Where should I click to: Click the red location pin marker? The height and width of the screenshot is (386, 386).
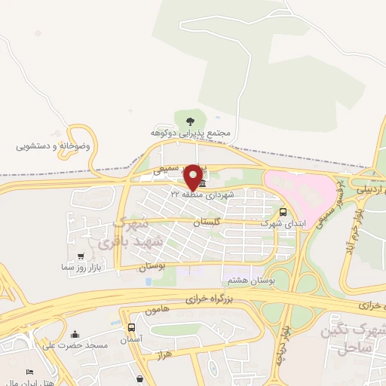click(193, 177)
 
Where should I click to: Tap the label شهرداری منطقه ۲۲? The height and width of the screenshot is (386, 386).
click(202, 195)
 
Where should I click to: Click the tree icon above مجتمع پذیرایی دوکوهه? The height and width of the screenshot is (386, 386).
click(189, 118)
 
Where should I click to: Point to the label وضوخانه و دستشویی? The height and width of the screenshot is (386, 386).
click(54, 146)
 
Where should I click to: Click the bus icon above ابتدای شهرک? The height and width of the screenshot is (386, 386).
click(283, 212)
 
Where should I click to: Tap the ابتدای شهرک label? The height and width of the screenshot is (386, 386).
click(280, 223)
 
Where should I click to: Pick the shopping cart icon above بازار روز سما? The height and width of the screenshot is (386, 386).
click(81, 256)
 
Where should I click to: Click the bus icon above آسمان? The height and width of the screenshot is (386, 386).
click(132, 327)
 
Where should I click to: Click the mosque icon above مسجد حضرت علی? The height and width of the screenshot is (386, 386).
click(75, 334)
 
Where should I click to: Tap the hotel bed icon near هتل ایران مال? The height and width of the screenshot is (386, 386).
click(29, 373)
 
